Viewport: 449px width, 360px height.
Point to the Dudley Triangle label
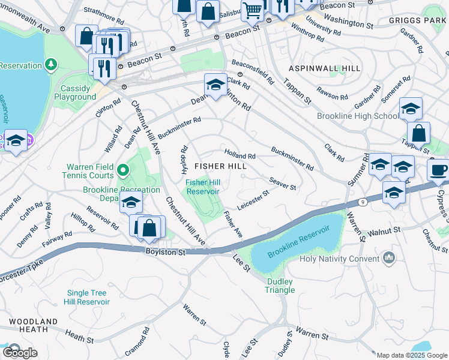coord(280,286)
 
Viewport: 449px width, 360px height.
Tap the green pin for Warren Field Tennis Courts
coord(123,171)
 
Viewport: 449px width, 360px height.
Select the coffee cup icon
coord(438,169)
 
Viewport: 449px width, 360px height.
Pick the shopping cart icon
coord(252,8)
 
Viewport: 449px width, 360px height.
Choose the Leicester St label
coord(252,199)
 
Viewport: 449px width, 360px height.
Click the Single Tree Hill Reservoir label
coord(88,297)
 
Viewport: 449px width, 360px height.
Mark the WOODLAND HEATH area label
coord(29,325)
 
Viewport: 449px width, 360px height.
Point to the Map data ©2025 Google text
coord(411,355)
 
